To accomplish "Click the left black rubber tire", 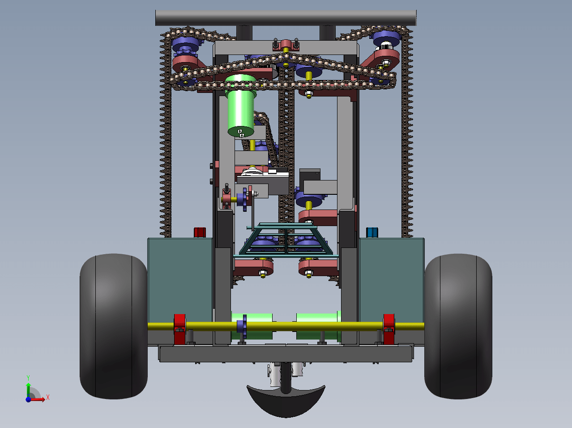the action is [x=114, y=326].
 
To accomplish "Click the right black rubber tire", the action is [x=458, y=326].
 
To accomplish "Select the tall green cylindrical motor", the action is [x=240, y=105].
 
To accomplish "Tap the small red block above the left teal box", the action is [x=200, y=232].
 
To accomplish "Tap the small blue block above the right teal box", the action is [x=372, y=232].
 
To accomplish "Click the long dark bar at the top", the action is [x=286, y=18].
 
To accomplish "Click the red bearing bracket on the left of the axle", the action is [x=180, y=329].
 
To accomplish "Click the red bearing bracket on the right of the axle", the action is [x=388, y=329].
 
